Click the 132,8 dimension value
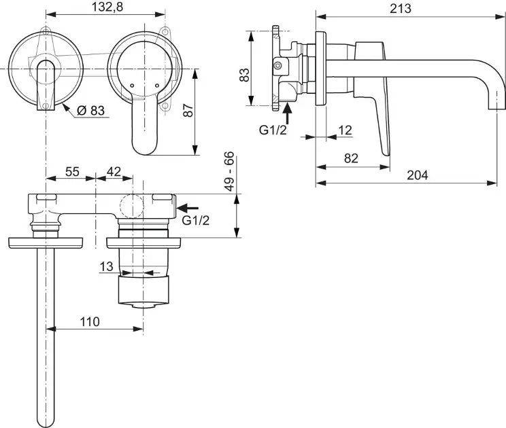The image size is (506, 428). click(x=107, y=7)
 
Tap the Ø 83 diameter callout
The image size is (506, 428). click(x=91, y=111)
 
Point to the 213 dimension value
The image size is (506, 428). click(x=401, y=9)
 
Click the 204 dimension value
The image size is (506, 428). click(x=418, y=175)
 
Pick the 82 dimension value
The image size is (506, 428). click(x=351, y=158)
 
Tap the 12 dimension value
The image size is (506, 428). click(x=345, y=130)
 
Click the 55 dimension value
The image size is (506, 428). click(x=72, y=171)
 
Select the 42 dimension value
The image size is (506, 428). click(x=114, y=171)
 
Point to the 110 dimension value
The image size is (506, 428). click(x=90, y=321)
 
